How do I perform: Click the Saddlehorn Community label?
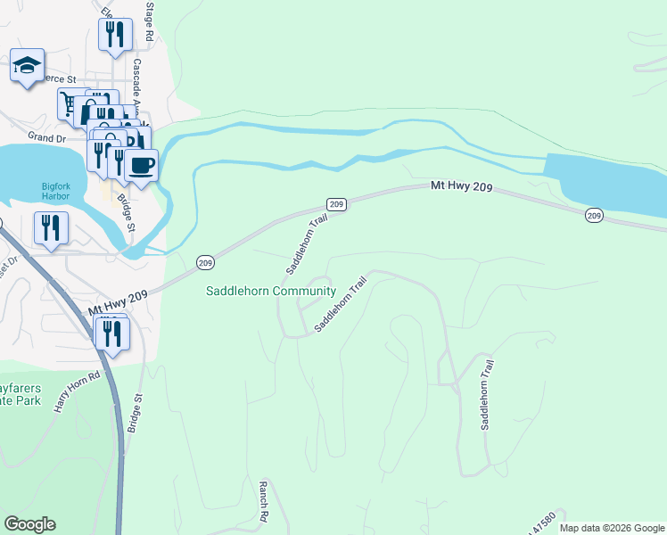click(271, 291)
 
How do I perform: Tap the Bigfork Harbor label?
click(62, 192)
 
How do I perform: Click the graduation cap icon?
click(27, 66)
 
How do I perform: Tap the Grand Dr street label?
click(47, 138)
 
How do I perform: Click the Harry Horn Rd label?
click(75, 391)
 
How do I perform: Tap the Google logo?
click(29, 524)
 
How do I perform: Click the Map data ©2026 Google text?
click(612, 528)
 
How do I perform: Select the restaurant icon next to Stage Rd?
click(115, 35)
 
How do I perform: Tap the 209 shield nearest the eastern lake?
click(595, 216)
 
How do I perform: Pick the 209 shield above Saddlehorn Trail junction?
click(336, 204)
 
